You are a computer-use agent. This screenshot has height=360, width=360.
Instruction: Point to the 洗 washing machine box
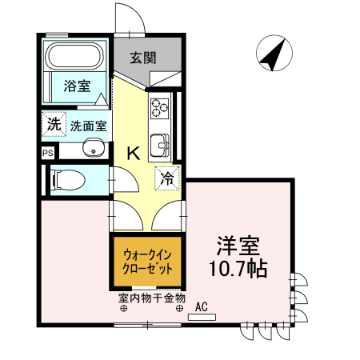click(x=53, y=124)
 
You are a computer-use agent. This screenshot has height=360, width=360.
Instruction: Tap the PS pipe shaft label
click(x=47, y=152)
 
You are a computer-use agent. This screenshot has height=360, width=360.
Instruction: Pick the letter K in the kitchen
click(x=133, y=152)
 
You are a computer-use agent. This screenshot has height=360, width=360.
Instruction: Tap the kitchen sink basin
click(x=161, y=145)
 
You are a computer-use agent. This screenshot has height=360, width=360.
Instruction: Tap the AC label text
click(x=201, y=306)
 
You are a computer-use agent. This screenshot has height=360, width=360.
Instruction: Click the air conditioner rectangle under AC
click(x=202, y=318)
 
